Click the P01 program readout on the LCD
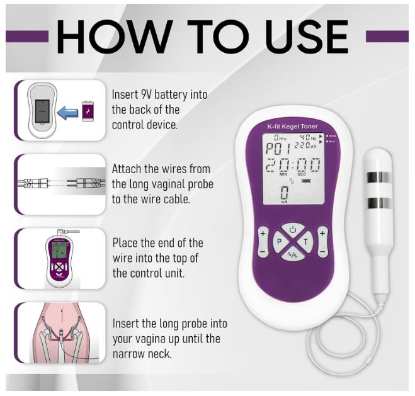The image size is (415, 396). click(275, 150)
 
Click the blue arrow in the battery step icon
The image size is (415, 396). click(67, 111)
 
